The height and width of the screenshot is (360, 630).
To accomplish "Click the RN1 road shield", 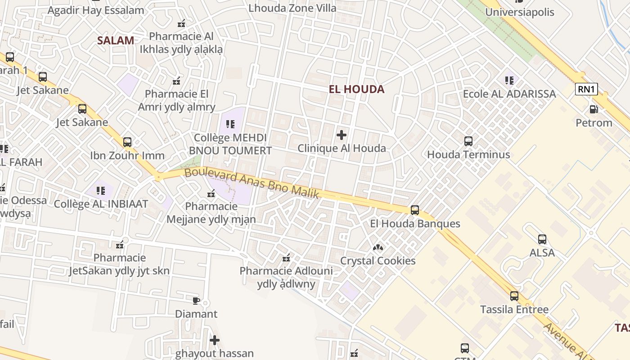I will point(586,89).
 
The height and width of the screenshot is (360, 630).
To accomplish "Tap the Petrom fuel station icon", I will point(594,109).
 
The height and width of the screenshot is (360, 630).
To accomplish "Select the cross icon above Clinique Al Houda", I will point(342,135).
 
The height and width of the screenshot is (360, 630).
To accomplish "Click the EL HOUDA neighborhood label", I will point(356,89).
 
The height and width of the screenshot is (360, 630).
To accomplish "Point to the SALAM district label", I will point(116,40).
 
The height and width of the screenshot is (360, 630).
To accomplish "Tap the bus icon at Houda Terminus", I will point(468,141).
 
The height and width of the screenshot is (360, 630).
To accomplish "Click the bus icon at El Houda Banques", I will point(415,210).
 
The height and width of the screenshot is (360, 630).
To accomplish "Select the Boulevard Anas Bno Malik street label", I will point(252,183).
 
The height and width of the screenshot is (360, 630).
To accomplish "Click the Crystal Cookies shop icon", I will point(378,247).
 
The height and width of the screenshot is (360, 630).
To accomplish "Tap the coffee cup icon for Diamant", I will point(196,301).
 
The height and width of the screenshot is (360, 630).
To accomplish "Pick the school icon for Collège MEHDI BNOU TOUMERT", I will point(230,124).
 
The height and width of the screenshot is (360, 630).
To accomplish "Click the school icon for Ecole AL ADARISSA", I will point(509,81).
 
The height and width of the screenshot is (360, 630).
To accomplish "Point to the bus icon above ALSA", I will point(542,239).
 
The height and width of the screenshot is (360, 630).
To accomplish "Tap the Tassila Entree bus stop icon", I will point(514,296).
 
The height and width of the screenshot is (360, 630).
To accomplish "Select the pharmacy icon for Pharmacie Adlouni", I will point(286,258).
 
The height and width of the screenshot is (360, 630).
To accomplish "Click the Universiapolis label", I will point(520,12).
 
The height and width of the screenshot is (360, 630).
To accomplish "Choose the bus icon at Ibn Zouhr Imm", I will point(127,142).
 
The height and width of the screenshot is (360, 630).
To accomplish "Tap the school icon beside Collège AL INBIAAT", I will point(101,190).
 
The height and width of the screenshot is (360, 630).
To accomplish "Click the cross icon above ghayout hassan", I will point(215,340).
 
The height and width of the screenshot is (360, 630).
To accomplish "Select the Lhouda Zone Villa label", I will point(292,8).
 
